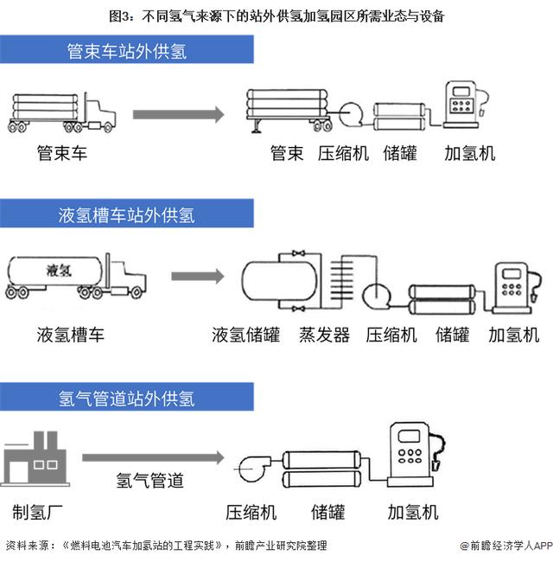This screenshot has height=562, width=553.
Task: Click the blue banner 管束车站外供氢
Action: pyautogui.click(x=127, y=49)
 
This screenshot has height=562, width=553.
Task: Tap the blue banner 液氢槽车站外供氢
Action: pyautogui.click(x=127, y=214)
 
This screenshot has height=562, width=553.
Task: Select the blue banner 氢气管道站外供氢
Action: pyautogui.click(x=127, y=397)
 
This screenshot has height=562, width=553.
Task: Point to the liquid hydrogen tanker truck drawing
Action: pyautogui.click(x=76, y=277)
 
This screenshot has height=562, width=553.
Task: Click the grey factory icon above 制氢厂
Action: pyautogui.click(x=35, y=458)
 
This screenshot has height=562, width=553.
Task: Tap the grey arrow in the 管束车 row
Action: pyautogui.click(x=178, y=114)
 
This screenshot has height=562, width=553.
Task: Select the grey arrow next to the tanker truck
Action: pyautogui.click(x=198, y=277)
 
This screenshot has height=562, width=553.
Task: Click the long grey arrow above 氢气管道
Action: pyautogui.click(x=153, y=457)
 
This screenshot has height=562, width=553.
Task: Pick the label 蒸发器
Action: pyautogui.click(x=325, y=335)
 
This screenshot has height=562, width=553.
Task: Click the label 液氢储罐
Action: pyautogui.click(x=245, y=335)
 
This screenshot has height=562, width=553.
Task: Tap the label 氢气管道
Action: pyautogui.click(x=149, y=480)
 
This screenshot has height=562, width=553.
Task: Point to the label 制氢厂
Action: pyautogui.click(x=37, y=512)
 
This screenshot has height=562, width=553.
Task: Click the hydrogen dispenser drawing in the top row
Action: pyautogui.click(x=465, y=105)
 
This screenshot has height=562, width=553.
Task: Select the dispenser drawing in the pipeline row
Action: pyautogui.click(x=416, y=454)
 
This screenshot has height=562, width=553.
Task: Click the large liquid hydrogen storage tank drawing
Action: pyautogui.click(x=280, y=281)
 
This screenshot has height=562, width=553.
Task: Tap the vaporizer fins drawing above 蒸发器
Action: pyautogui.click(x=341, y=280)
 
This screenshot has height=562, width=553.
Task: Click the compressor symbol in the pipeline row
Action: pyautogui.click(x=253, y=469)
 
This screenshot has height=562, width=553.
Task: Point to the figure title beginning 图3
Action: pyautogui.click(x=276, y=16)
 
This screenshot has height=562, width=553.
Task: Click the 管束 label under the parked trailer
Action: pyautogui.click(x=287, y=153)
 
